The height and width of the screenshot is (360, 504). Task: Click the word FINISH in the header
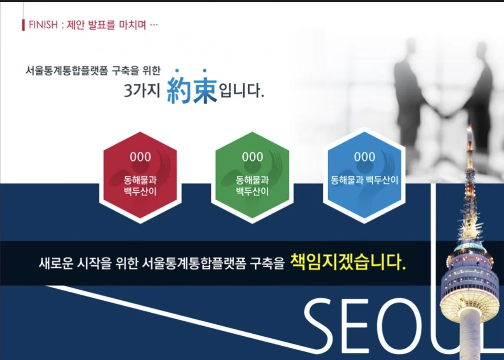pos(43,25)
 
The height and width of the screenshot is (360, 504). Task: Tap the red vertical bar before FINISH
pos(23,25)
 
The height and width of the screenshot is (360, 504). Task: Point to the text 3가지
pos(142,91)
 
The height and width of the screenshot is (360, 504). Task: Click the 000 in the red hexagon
pos(140,157)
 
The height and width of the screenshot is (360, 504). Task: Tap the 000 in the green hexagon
pos(252,157)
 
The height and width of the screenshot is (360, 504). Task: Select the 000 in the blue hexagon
pos(364,157)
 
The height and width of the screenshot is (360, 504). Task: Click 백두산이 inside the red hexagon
pos(140,191)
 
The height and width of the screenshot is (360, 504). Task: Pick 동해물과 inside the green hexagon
pos(252,180)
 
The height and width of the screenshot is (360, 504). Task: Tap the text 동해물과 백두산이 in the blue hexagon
pos(364,180)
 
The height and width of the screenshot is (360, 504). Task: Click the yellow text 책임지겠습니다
pos(348,262)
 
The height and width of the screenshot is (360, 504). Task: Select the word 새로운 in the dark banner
pos(56,263)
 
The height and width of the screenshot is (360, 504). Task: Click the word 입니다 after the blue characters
pos(241,91)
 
